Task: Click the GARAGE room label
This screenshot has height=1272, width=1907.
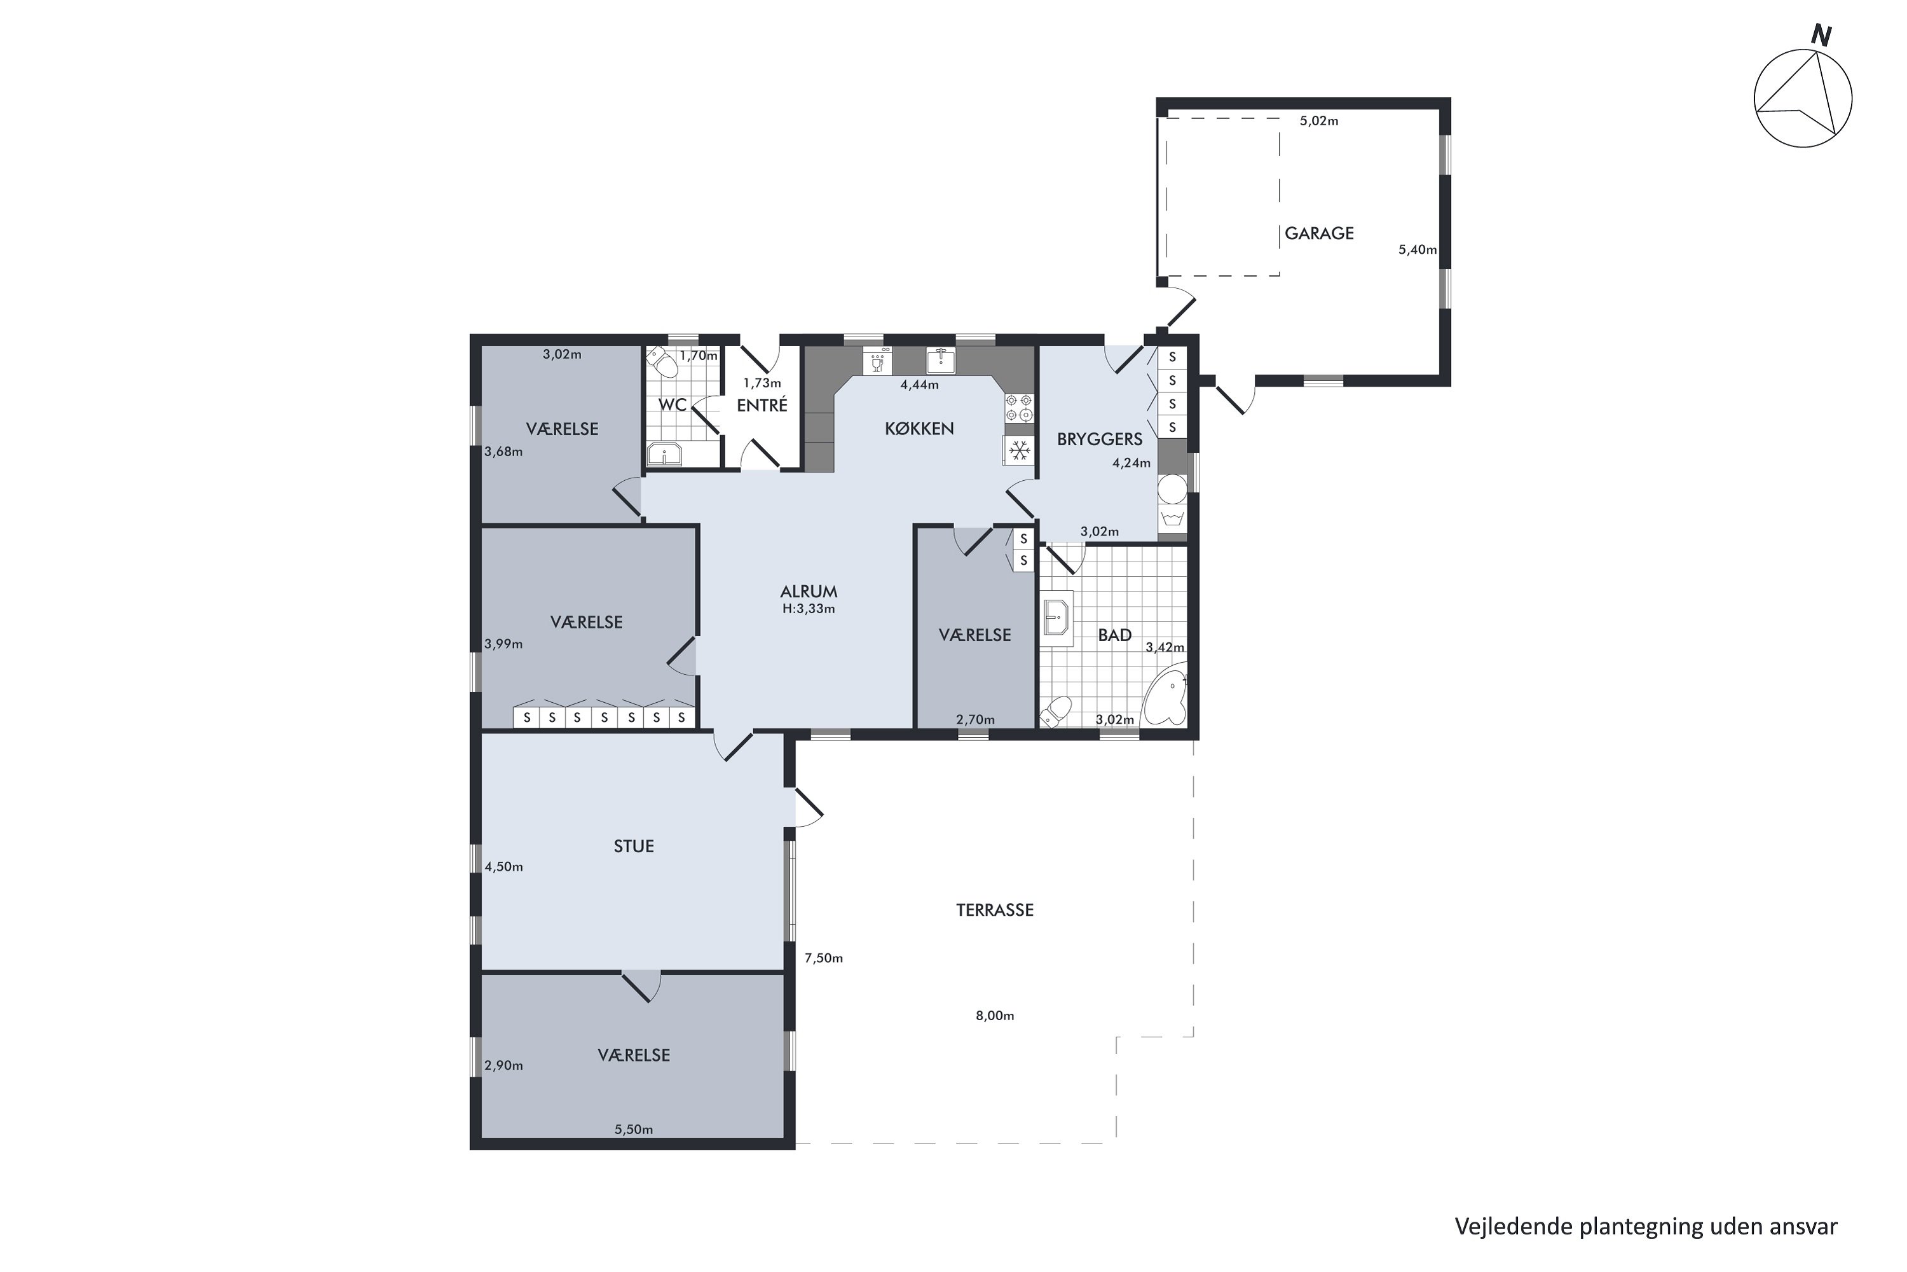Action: coord(1319,233)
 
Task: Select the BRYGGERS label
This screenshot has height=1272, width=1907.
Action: coord(1100,439)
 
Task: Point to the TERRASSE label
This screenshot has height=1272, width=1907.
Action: coord(995,910)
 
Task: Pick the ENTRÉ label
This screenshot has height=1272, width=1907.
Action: coord(762,404)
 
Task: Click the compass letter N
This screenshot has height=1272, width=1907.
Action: coord(1822,36)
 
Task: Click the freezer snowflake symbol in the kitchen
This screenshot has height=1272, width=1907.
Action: coord(1019,450)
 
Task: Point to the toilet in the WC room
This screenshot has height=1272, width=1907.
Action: coord(662,363)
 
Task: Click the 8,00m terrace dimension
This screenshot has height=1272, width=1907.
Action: coord(995,1016)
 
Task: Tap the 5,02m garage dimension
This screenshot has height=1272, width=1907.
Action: coord(1319,121)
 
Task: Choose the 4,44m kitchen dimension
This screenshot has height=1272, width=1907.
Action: coord(919,385)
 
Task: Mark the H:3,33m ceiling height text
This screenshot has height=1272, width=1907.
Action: coord(809,609)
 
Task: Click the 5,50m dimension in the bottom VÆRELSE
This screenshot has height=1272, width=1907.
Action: coord(633,1130)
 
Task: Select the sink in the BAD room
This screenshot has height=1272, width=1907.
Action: coord(1056,618)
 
